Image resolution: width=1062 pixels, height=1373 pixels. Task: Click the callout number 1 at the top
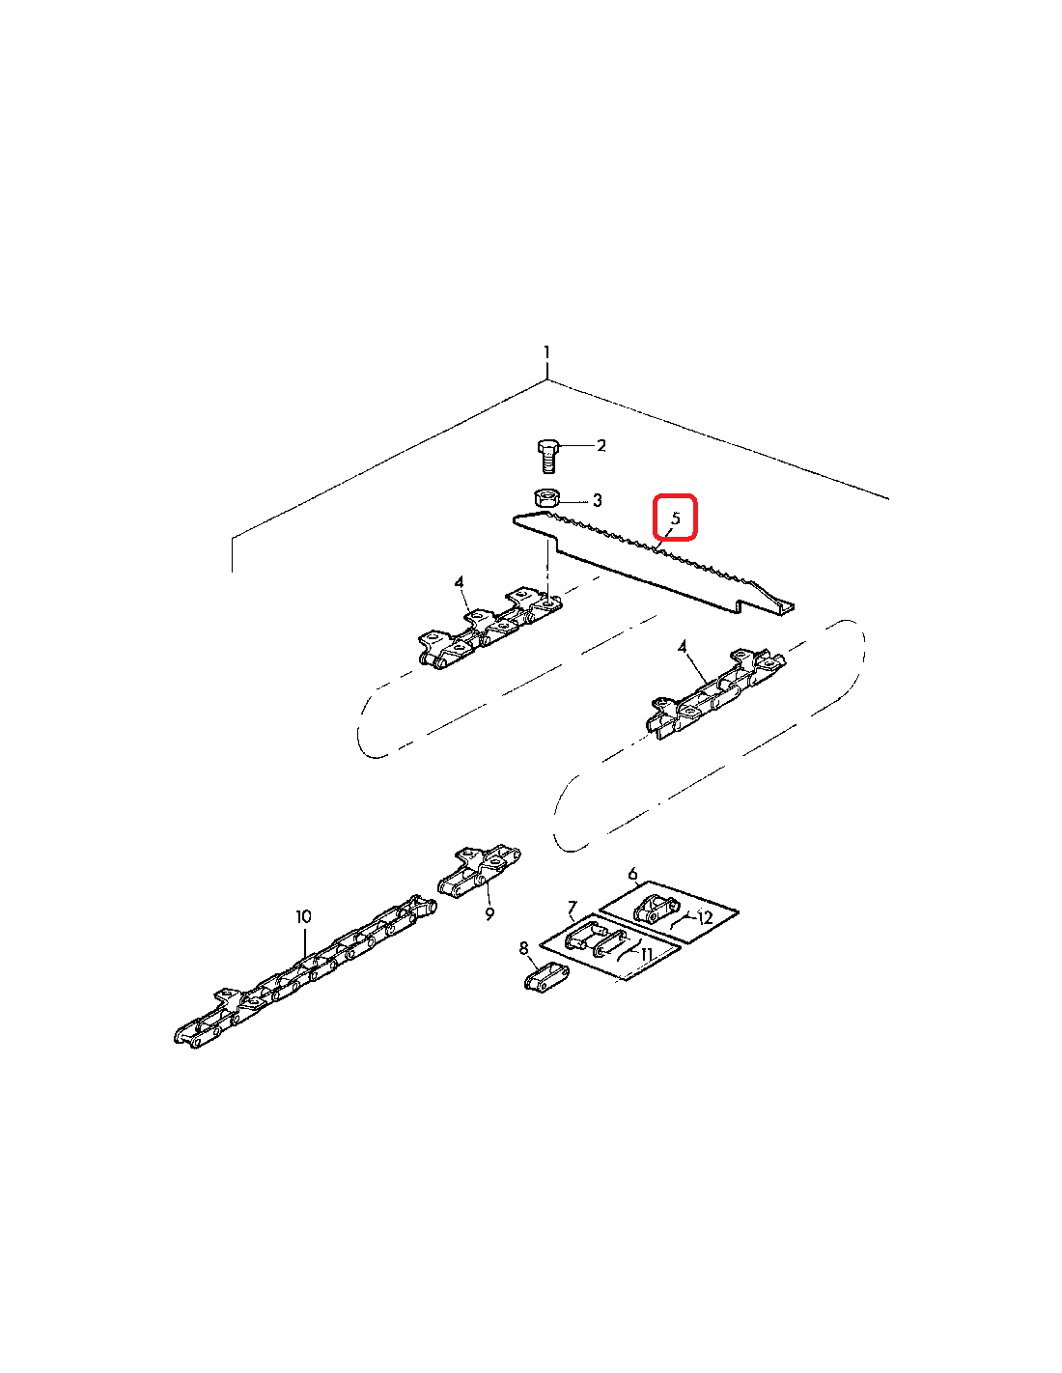[x=547, y=352]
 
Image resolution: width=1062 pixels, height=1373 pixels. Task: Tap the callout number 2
[x=601, y=445]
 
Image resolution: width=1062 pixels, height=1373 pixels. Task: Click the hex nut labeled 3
[x=545, y=497]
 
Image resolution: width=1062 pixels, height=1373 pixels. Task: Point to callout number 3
[x=597, y=500]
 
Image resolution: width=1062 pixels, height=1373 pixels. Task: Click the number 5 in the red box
[x=676, y=518]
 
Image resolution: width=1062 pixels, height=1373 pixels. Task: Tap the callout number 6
[x=633, y=874]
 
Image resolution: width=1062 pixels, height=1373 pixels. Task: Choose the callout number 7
[x=573, y=909]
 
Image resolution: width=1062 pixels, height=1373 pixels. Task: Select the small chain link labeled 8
[x=546, y=977]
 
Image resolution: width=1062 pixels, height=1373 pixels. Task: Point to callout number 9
[x=489, y=913]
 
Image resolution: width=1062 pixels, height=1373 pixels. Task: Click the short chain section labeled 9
[x=480, y=873]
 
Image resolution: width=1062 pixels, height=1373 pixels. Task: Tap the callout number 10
[x=303, y=916]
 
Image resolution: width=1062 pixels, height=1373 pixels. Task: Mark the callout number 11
[x=646, y=954]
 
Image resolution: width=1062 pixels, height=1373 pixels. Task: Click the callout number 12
[x=705, y=917]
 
